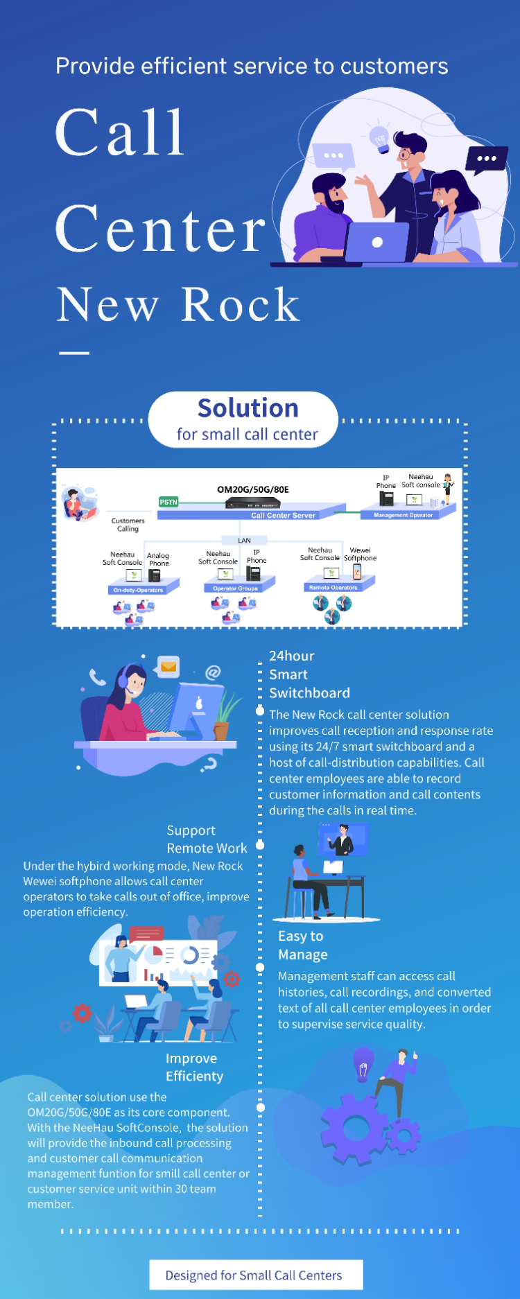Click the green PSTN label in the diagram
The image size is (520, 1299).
(x=168, y=502)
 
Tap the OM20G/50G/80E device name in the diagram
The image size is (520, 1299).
(x=252, y=489)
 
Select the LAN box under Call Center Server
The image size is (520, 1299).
(x=244, y=540)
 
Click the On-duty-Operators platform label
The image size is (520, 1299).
(x=138, y=590)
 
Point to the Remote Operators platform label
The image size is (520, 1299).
(x=333, y=587)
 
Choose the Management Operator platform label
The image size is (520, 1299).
(x=403, y=515)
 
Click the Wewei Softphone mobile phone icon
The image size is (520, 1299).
(x=357, y=571)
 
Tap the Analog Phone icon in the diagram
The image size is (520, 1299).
(x=155, y=575)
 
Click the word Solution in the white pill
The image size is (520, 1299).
(x=248, y=408)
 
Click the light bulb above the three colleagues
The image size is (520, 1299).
(x=380, y=138)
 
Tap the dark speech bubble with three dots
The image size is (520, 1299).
(x=486, y=159)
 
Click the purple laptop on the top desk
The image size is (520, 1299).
(x=377, y=242)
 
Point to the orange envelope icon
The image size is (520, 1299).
(x=168, y=667)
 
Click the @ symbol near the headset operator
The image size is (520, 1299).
(x=213, y=672)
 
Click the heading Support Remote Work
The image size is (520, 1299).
(x=207, y=839)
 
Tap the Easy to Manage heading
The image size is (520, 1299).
(x=302, y=945)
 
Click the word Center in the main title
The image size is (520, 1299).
(x=160, y=229)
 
